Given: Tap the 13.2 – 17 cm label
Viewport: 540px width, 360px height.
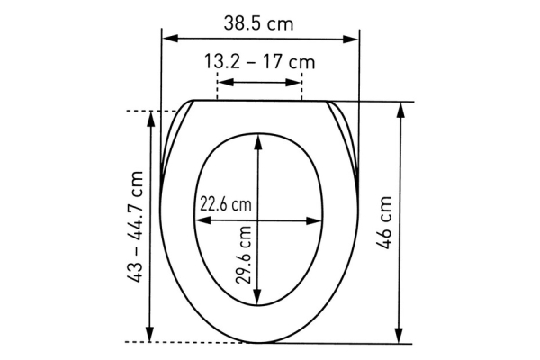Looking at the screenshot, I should [259, 63].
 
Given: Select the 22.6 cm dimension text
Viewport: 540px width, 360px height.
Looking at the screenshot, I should [225, 204].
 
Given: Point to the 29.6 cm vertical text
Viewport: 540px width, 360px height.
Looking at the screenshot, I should [244, 255].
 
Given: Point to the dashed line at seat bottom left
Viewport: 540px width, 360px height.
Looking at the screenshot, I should [180, 343].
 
